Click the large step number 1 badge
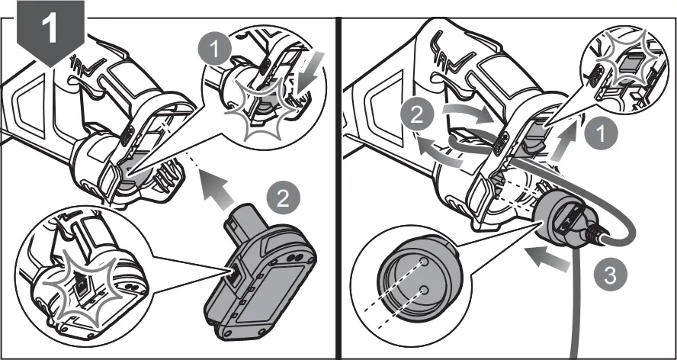52,31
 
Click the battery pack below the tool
261,273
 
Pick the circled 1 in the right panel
603,135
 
